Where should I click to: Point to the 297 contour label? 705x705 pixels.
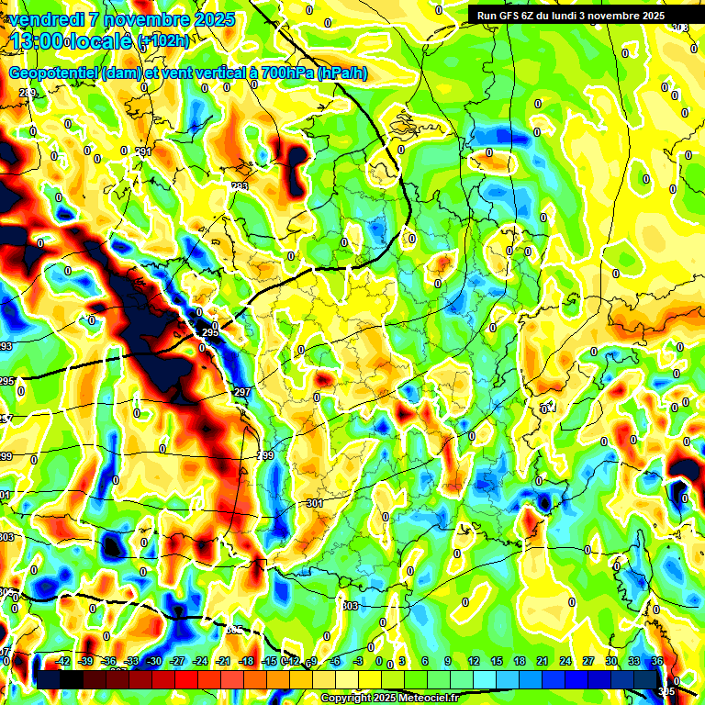[242, 392]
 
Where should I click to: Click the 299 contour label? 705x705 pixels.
[265, 456]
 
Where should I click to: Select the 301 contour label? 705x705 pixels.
[314, 504]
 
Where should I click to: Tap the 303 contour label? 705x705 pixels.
[349, 606]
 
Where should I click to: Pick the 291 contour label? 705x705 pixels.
[143, 151]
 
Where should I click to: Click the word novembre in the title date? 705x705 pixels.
[141, 19]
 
